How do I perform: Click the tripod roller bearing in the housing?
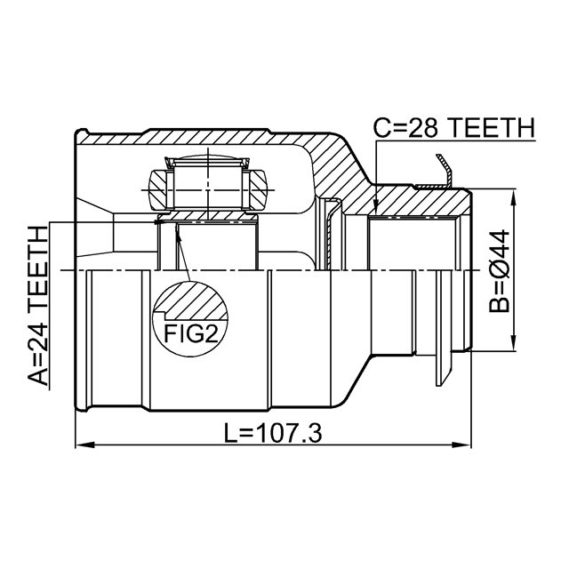pyautogui.click(x=206, y=183)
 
